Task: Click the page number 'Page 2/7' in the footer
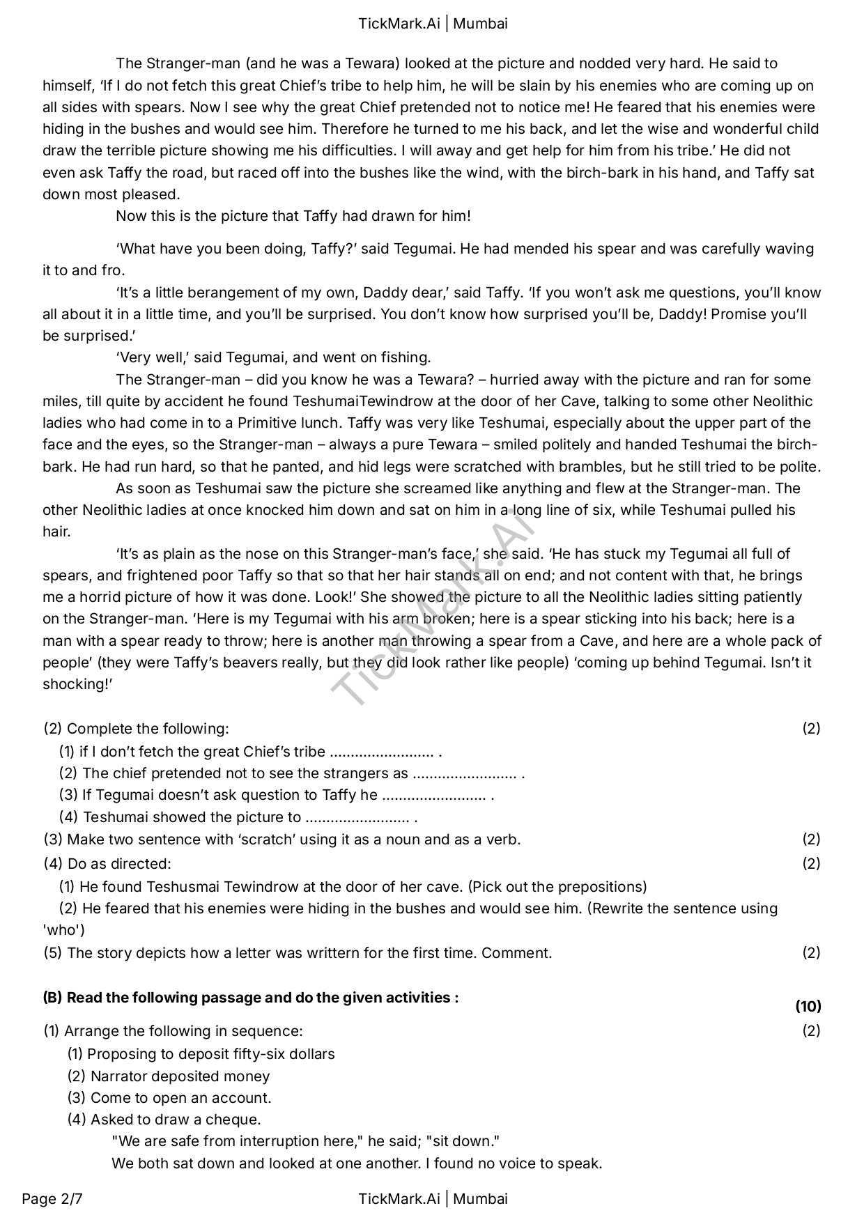click(x=52, y=1199)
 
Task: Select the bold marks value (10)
click(x=808, y=1006)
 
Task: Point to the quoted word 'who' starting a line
click(x=63, y=930)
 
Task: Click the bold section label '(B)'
click(x=52, y=998)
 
